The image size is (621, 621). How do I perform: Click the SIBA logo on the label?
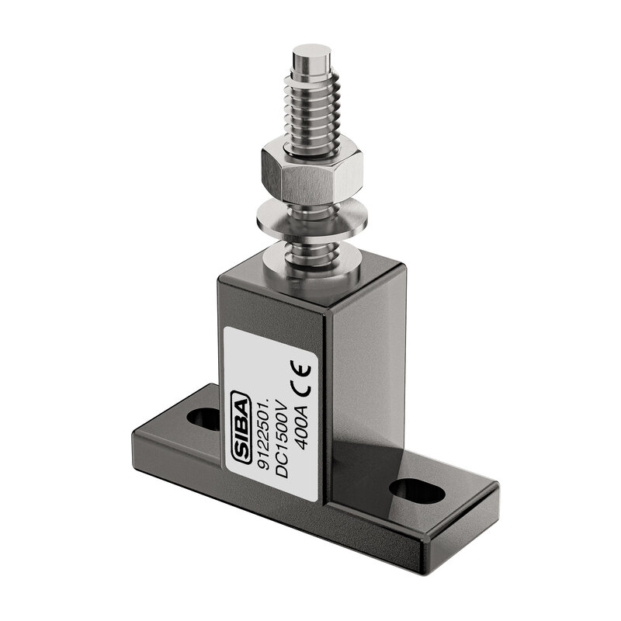point(241,428)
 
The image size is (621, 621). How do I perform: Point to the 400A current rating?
point(302,428)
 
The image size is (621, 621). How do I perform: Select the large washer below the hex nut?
point(312,218)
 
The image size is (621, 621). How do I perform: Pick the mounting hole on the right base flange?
point(417,490)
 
